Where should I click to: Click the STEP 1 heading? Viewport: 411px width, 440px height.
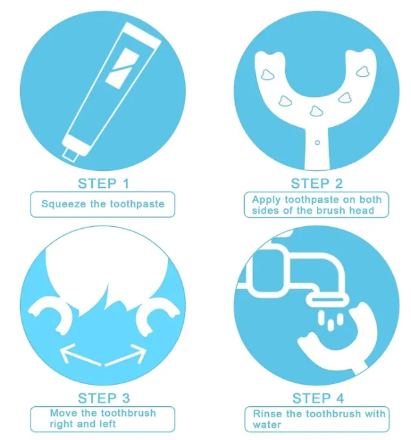click(103, 183)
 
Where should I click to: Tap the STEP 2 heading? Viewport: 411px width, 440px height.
click(317, 183)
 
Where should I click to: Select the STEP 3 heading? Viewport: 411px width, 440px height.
click(104, 398)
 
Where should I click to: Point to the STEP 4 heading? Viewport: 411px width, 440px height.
click(318, 398)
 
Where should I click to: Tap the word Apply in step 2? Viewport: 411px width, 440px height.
click(266, 200)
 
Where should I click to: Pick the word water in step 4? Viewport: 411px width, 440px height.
click(267, 425)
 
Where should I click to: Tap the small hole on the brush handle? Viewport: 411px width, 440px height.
click(317, 142)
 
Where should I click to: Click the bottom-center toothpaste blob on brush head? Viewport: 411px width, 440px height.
click(316, 111)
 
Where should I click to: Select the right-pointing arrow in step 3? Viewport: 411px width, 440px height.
click(126, 356)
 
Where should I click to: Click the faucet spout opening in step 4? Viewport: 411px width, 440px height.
click(327, 300)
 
